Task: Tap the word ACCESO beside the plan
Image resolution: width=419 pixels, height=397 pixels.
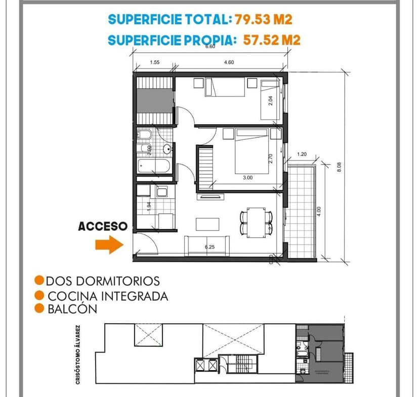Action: [x=103, y=227]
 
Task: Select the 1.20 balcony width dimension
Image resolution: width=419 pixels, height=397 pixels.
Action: [x=302, y=154]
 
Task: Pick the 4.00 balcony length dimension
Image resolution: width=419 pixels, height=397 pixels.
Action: [x=319, y=212]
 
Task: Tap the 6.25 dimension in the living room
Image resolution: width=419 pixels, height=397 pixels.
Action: [x=209, y=247]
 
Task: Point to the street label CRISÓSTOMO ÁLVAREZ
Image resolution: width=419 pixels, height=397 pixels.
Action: [x=77, y=355]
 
